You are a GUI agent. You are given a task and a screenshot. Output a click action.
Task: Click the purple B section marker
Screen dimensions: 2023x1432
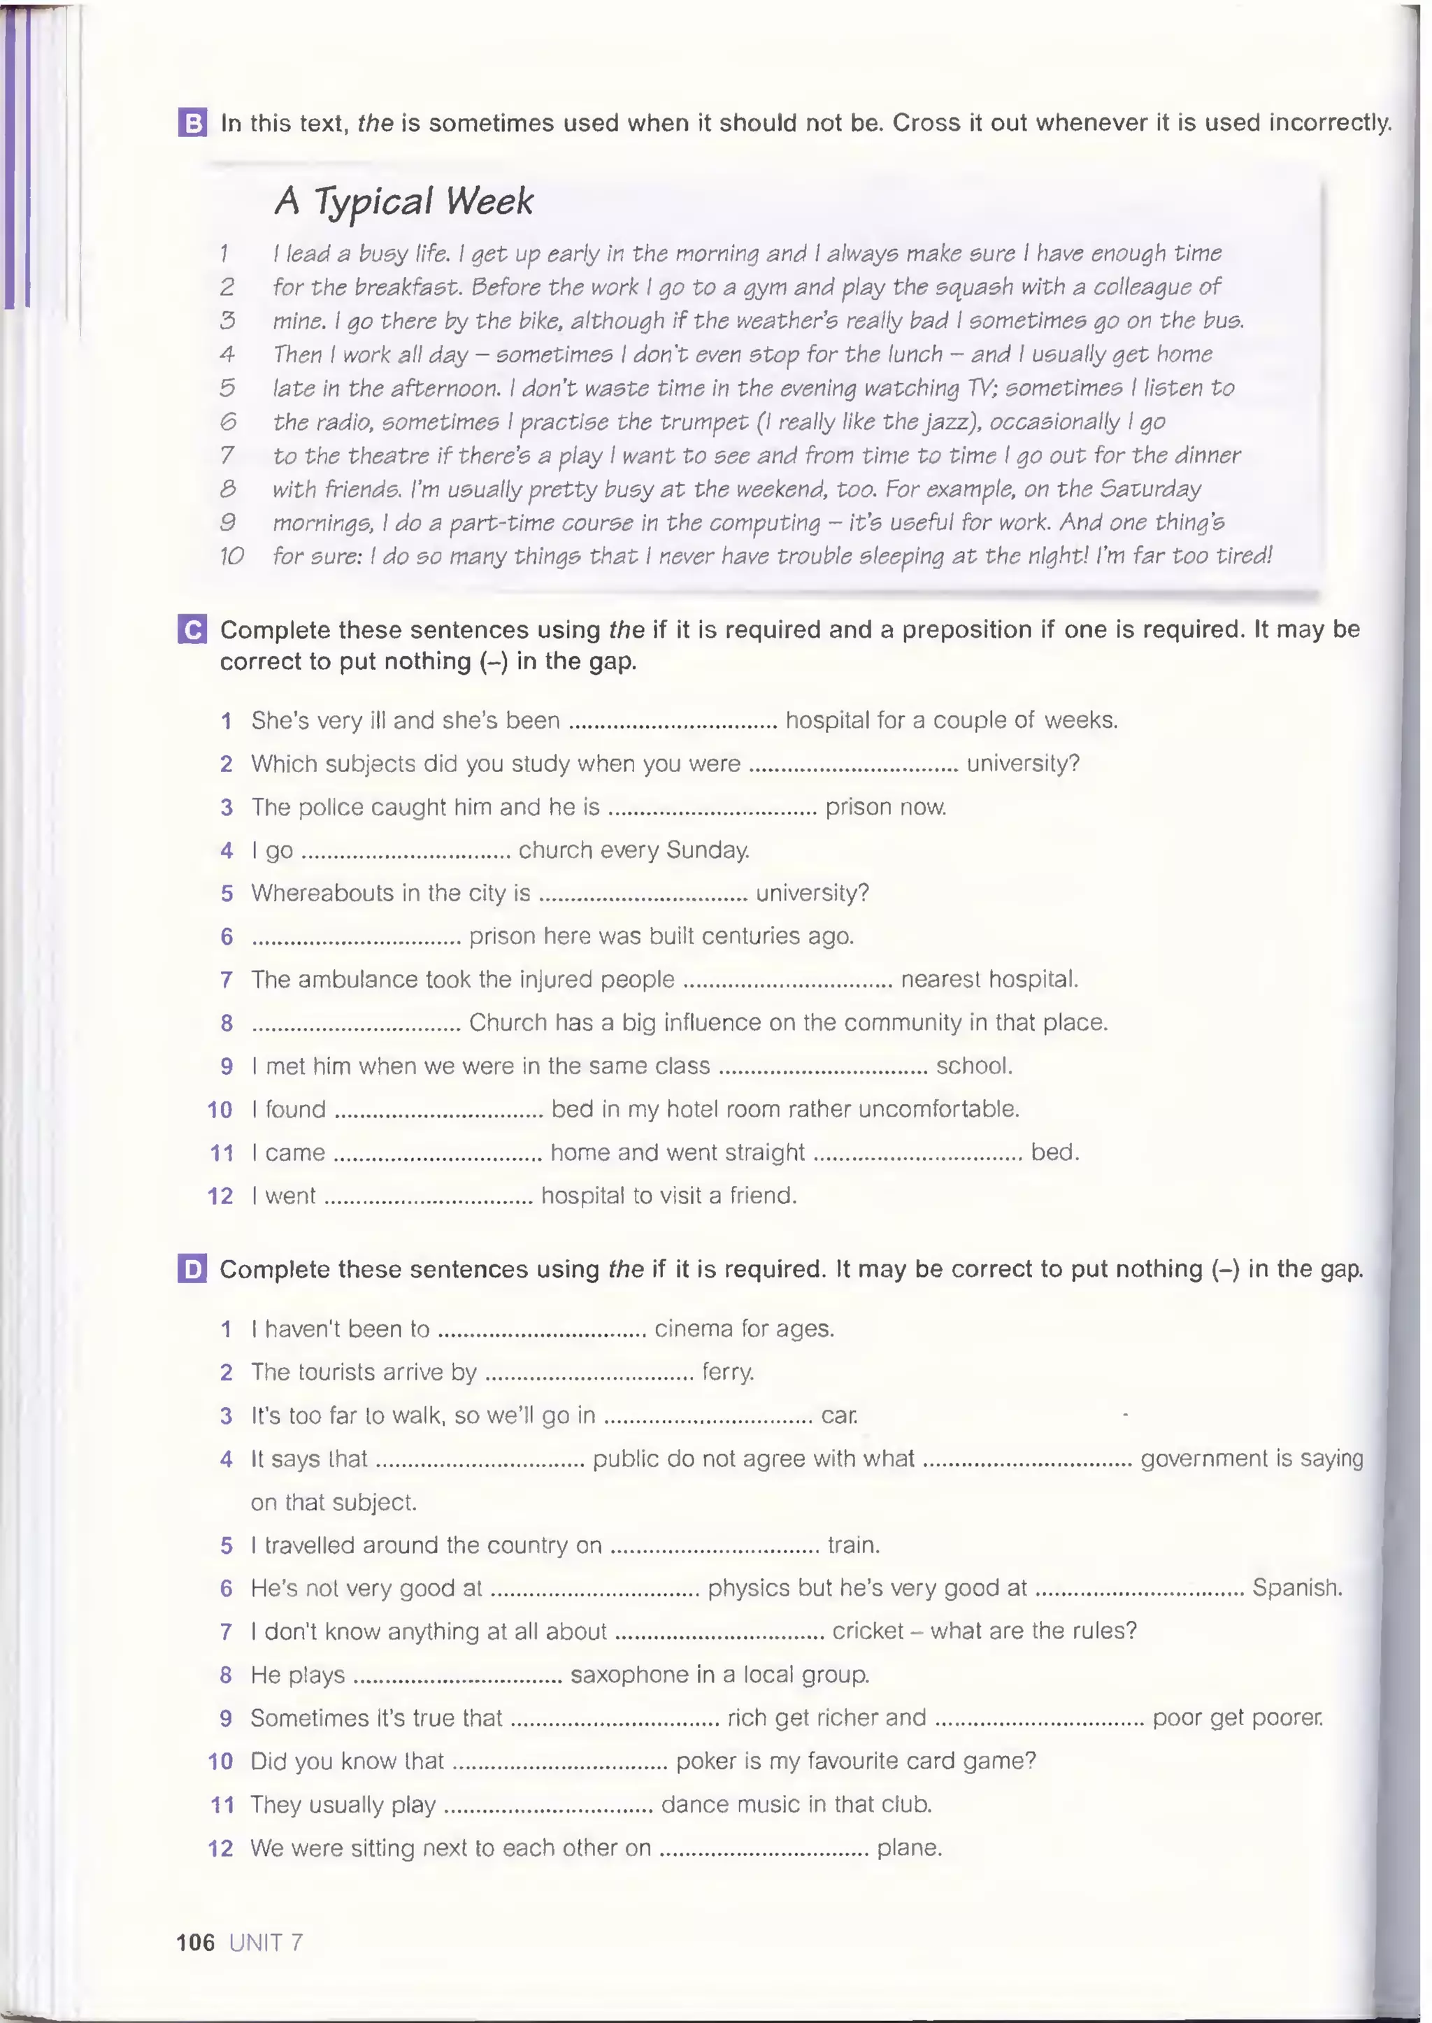192,122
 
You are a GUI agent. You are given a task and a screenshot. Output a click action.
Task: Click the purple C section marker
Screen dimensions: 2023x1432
192,629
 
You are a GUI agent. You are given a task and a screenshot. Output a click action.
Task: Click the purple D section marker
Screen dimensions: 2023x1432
192,1269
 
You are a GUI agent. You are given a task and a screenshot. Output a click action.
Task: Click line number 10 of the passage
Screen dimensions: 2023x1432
231,557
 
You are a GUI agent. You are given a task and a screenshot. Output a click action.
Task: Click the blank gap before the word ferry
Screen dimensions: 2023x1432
589,1373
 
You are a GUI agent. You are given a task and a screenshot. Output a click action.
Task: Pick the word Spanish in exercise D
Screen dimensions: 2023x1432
1296,1588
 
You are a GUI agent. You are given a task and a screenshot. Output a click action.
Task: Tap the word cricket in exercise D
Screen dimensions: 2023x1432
868,1631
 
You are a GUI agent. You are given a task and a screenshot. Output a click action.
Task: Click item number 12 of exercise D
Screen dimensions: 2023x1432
220,1848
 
